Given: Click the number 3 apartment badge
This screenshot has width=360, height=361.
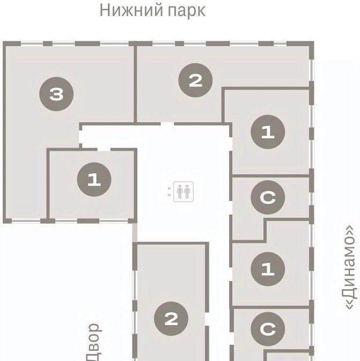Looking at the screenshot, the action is pyautogui.click(x=56, y=94).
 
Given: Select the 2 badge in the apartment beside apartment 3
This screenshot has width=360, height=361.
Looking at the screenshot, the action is pyautogui.click(x=195, y=80).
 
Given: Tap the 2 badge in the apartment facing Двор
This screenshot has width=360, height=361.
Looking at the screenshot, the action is pyautogui.click(x=171, y=319).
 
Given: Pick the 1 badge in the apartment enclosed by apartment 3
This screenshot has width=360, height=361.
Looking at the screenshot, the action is pyautogui.click(x=94, y=179).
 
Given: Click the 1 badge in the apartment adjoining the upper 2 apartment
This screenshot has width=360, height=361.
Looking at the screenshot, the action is pyautogui.click(x=268, y=132).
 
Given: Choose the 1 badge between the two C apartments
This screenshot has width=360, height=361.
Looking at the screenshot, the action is pyautogui.click(x=268, y=269).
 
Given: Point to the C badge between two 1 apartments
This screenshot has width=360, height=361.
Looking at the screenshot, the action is pyautogui.click(x=268, y=197).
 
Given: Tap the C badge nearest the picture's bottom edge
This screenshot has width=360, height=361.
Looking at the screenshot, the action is pyautogui.click(x=268, y=329).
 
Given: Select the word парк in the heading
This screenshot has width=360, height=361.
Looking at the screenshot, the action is pyautogui.click(x=187, y=11).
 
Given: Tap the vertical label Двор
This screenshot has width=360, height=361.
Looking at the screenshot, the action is pyautogui.click(x=93, y=342).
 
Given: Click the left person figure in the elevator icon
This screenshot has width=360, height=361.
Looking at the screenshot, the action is pyautogui.click(x=180, y=191).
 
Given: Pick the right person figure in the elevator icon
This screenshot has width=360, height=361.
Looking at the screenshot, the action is pyautogui.click(x=187, y=191).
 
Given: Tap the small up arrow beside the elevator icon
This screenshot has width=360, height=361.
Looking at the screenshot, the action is pyautogui.click(x=170, y=188).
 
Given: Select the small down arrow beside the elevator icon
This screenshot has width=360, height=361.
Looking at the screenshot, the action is pyautogui.click(x=170, y=195).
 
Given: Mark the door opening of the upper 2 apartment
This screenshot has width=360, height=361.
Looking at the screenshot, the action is pyautogui.click(x=167, y=124).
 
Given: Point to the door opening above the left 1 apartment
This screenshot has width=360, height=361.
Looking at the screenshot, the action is pyautogui.click(x=104, y=150).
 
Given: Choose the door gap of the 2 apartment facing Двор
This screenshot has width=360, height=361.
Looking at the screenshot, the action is pyautogui.click(x=207, y=319).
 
